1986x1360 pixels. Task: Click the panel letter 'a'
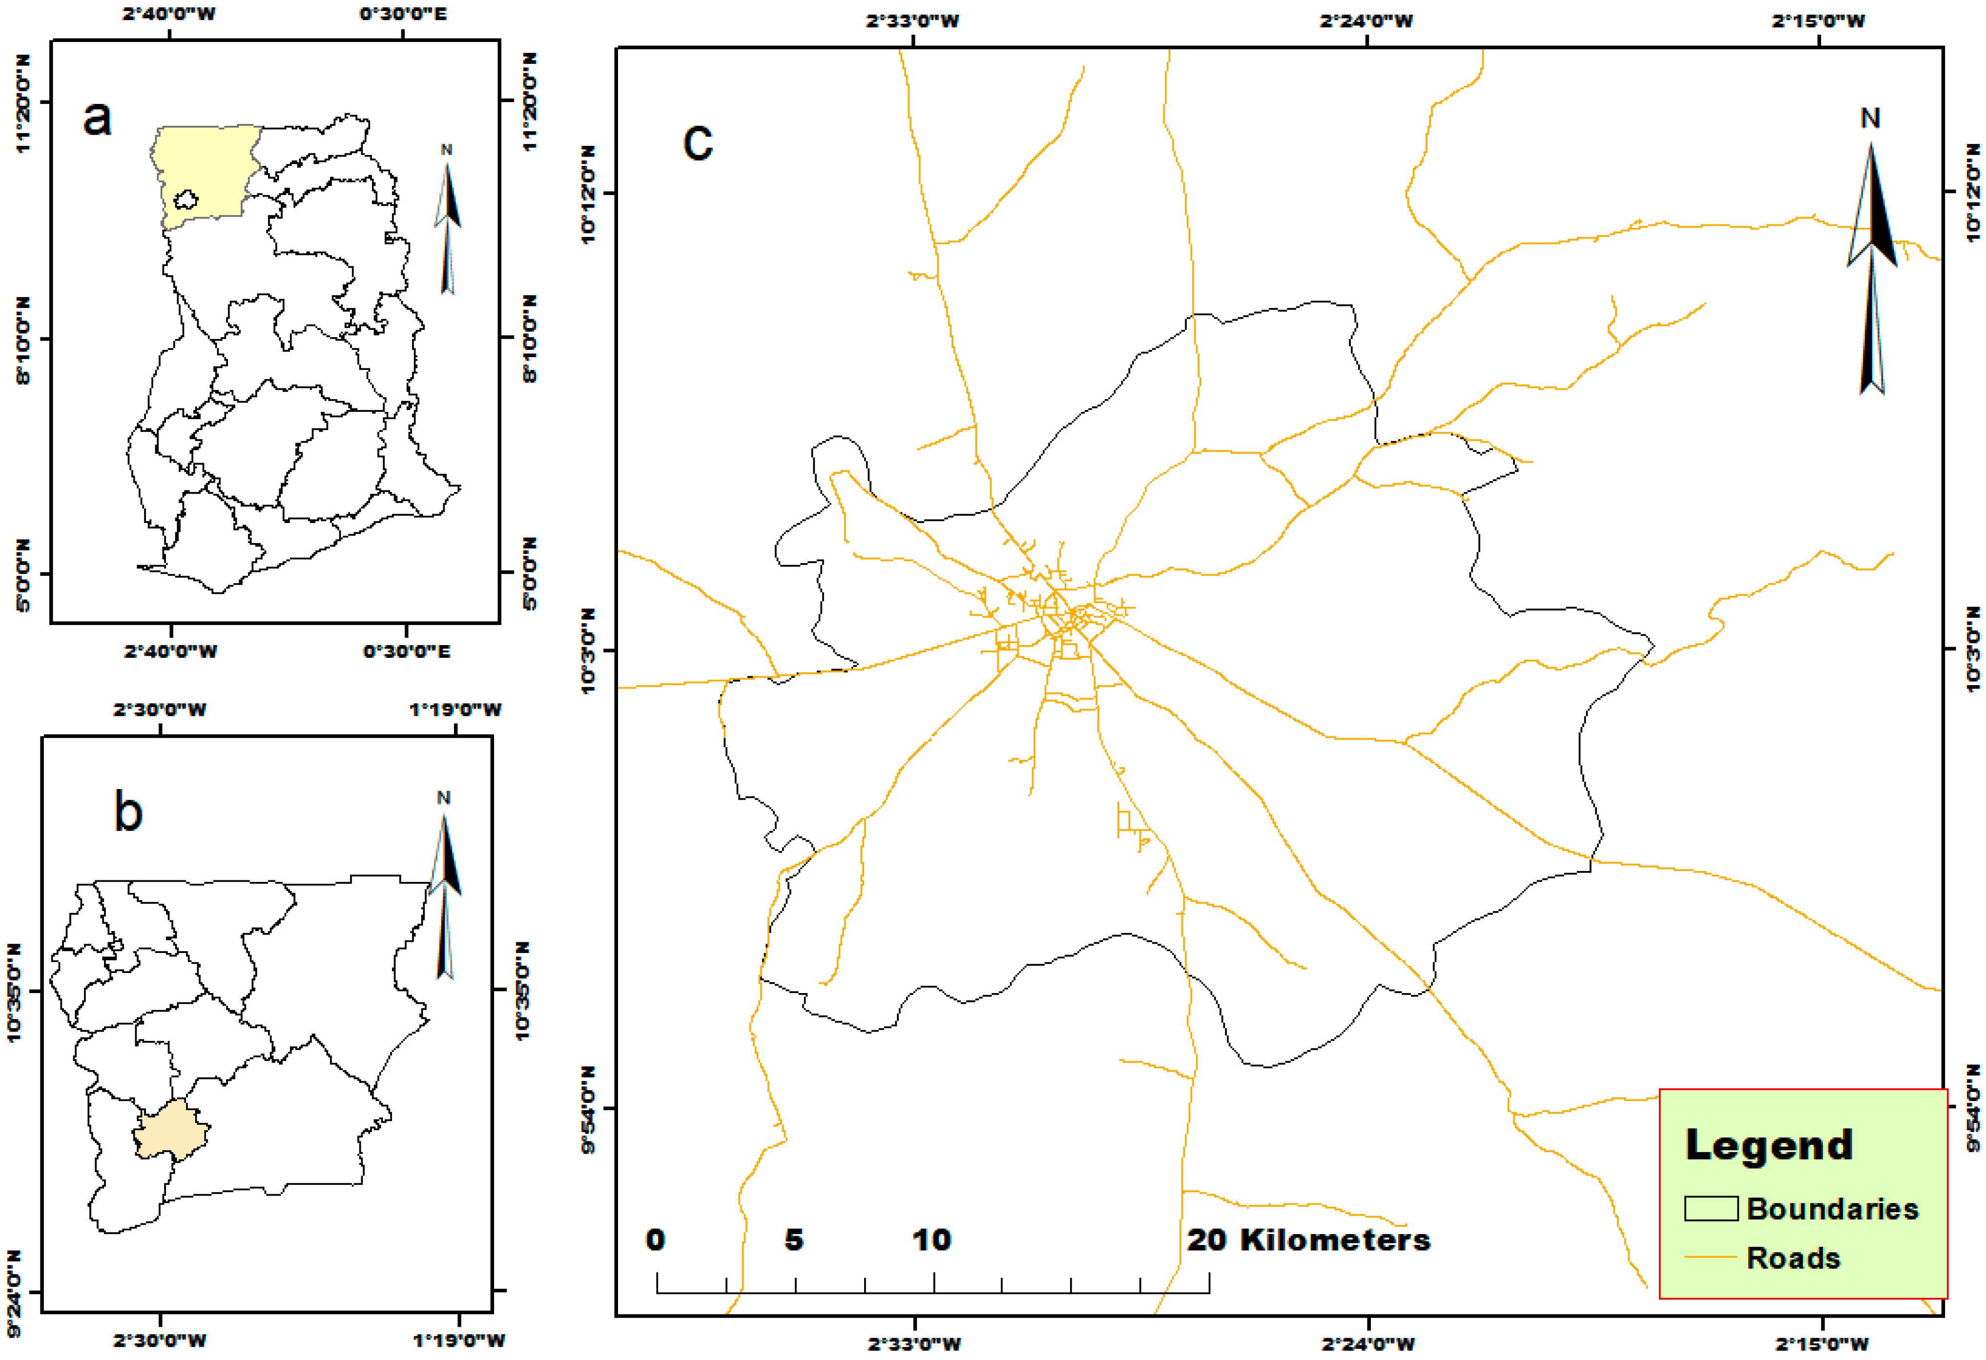click(98, 118)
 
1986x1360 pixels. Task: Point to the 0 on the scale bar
click(656, 1239)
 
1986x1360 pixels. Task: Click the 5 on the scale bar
click(794, 1239)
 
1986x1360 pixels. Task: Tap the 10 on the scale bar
click(931, 1239)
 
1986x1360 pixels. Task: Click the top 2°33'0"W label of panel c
click(912, 20)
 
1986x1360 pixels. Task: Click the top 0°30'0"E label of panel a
click(402, 14)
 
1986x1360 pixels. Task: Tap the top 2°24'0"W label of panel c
click(1366, 20)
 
